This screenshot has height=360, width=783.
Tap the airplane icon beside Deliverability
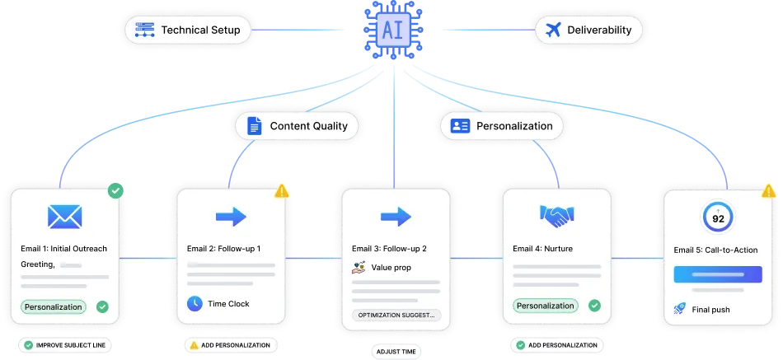click(553, 30)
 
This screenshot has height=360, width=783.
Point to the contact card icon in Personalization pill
click(460, 126)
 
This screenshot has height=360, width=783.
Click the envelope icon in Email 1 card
click(63, 217)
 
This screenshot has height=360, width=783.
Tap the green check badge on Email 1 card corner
click(116, 191)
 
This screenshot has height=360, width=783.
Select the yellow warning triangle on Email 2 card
click(282, 191)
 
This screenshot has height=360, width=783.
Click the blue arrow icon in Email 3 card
click(396, 217)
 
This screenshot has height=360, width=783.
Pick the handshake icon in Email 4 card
click(557, 216)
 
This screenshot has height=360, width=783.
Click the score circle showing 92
click(719, 218)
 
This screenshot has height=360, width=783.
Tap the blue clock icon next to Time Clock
click(195, 303)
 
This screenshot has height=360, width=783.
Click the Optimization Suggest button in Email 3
click(396, 315)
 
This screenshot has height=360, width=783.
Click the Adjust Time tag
click(396, 352)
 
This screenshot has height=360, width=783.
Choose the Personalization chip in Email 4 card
click(545, 306)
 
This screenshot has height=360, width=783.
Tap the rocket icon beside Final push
click(681, 309)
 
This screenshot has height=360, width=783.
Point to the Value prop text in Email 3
click(391, 267)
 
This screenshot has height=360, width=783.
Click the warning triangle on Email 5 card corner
click(769, 191)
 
